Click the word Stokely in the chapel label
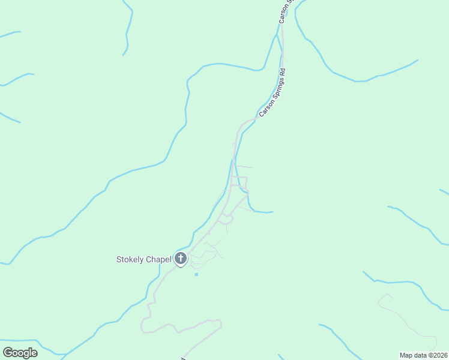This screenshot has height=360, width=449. tap(130, 260)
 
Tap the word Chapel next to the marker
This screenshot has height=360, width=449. tap(158, 260)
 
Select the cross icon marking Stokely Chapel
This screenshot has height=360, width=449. tap(181, 259)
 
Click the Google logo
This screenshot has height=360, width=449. tap(20, 353)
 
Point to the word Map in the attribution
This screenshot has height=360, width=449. tap(406, 355)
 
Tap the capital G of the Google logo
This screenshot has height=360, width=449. tap(8, 352)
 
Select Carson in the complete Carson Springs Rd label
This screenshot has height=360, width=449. tap(264, 110)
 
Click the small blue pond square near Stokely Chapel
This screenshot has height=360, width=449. tap(196, 275)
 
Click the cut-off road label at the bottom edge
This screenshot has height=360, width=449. tap(182, 358)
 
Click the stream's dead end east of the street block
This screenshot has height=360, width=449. tap(273, 212)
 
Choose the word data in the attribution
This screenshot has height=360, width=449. tap(421, 355)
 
